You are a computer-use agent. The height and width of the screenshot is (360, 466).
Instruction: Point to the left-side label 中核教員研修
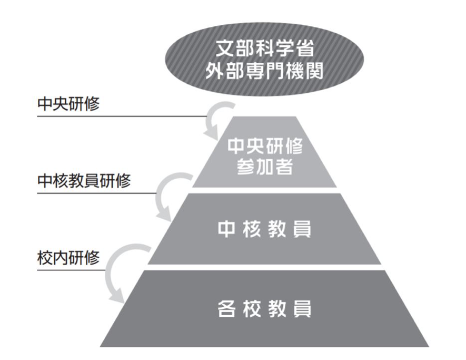pyautogui.click(x=84, y=181)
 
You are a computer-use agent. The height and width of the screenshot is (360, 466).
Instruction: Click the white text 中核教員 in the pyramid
pyautogui.click(x=264, y=230)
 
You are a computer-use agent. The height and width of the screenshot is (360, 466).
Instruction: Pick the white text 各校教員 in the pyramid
pyautogui.click(x=264, y=307)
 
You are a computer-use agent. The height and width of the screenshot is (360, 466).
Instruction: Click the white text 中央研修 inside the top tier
pyautogui.click(x=264, y=146)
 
